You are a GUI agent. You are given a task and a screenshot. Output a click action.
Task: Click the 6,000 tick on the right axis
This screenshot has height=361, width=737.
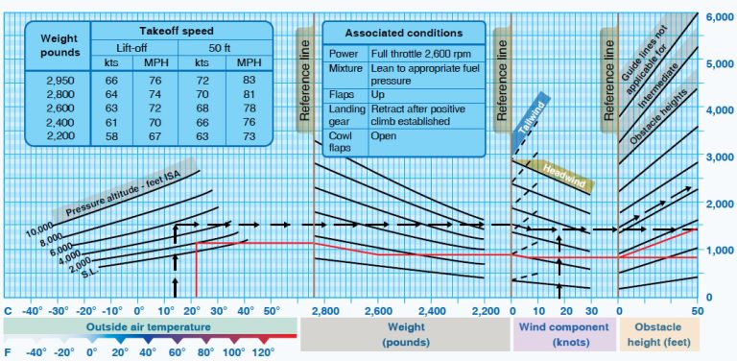tap(720, 17)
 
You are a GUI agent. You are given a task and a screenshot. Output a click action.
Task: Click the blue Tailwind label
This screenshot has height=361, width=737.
tap(530, 123)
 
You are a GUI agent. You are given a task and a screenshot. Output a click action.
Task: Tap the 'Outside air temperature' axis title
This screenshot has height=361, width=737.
tap(149, 327)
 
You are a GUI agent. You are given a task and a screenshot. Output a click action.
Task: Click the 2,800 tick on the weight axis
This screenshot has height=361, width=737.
tap(326, 311)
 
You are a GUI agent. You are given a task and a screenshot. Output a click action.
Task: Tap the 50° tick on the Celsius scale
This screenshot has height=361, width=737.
tap(272, 311)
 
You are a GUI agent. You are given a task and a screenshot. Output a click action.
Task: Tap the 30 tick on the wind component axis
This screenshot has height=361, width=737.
tap(590, 311)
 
